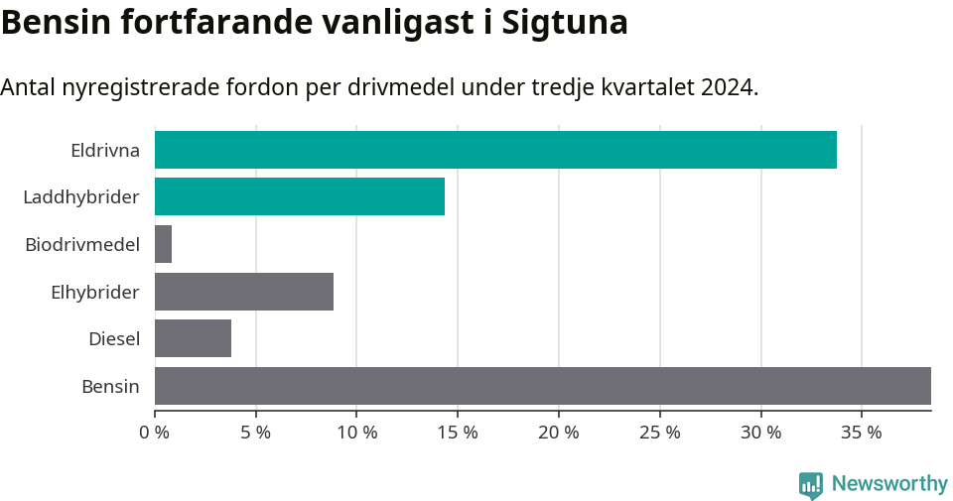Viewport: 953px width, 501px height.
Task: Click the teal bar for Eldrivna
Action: [495, 150]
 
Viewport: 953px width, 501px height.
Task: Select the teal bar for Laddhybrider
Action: [300, 196]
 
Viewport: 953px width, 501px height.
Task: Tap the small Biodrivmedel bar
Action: [164, 244]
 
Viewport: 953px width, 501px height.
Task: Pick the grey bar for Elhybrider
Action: [244, 292]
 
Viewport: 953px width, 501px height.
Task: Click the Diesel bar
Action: [194, 338]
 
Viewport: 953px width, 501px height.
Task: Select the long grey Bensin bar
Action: [543, 386]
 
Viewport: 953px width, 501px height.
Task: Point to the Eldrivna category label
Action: [105, 151]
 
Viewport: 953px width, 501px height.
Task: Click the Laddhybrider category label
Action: [81, 197]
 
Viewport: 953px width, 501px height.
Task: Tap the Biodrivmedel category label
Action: [82, 244]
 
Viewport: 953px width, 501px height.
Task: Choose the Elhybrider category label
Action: [95, 292]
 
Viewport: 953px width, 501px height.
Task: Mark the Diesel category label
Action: [114, 339]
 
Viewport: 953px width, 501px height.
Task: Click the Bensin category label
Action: [110, 386]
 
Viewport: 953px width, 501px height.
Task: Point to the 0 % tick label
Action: [155, 433]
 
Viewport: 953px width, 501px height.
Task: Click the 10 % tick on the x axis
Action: [357, 433]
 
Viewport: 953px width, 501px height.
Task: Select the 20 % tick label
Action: [559, 433]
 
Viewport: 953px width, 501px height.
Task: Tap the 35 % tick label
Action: [862, 433]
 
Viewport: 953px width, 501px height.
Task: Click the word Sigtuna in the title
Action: [565, 23]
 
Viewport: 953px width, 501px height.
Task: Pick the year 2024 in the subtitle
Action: [727, 87]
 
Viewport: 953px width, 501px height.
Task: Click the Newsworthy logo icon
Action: [811, 484]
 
